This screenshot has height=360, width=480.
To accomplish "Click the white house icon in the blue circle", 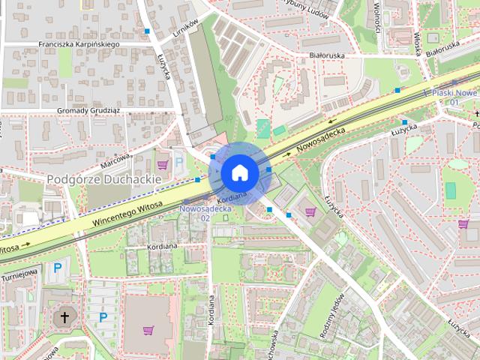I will [239, 172].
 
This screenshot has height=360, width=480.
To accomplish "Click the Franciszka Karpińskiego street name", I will [79, 44].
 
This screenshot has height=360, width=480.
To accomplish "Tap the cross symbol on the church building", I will [64, 317].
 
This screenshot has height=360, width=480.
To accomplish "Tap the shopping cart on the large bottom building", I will [148, 330].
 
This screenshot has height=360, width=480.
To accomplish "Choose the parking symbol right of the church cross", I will [103, 317].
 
